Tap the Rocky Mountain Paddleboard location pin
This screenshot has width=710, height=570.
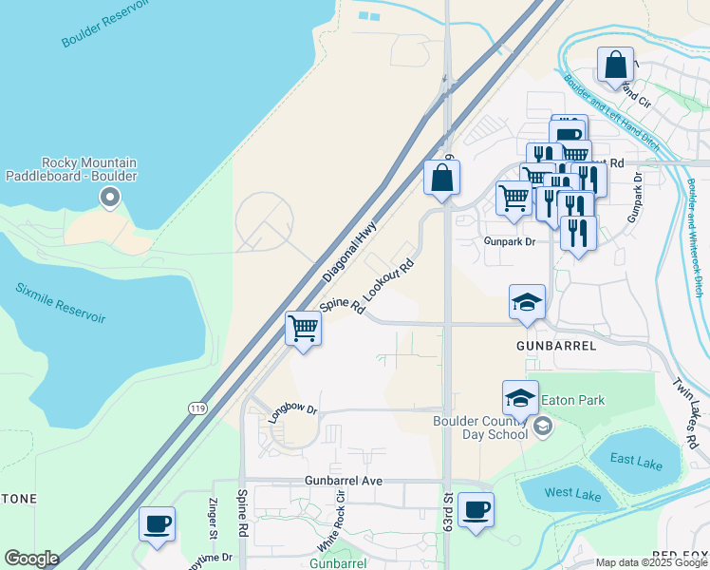(110, 199)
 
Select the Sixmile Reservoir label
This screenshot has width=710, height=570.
(60, 303)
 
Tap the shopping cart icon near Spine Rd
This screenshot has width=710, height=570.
(304, 329)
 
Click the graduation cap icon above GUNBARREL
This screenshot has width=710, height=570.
(527, 302)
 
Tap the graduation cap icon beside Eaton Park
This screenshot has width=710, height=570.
(520, 396)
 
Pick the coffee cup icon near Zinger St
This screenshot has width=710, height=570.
(157, 523)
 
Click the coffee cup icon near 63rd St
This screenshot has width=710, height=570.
(476, 509)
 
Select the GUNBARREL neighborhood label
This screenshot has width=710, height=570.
(557, 346)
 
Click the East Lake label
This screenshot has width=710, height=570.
(635, 460)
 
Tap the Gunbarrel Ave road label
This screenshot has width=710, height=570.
(344, 481)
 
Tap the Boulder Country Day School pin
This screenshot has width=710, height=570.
(543, 425)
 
